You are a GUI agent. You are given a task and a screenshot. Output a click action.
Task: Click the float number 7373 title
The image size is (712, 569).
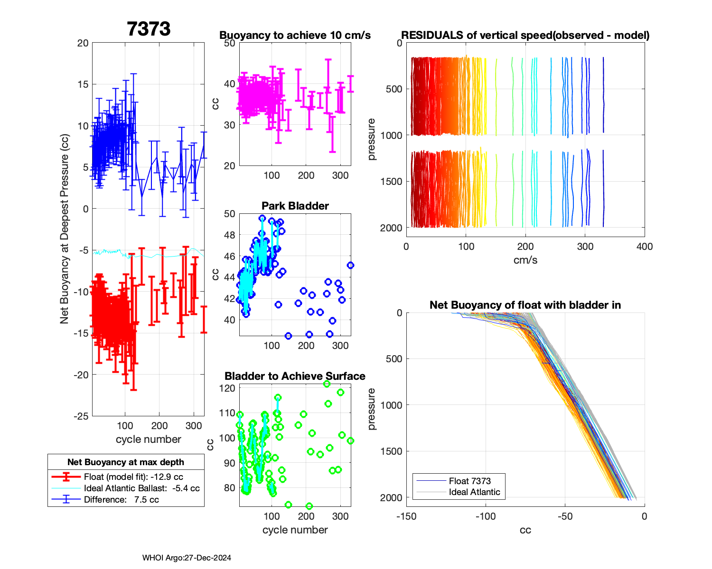[x=149, y=29]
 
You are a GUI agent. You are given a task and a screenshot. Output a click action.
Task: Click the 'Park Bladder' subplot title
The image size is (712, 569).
[x=295, y=206]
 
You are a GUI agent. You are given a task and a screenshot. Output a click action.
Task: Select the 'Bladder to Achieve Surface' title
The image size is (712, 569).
[x=295, y=376]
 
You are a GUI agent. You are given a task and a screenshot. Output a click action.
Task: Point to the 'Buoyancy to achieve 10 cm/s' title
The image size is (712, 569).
[x=295, y=35]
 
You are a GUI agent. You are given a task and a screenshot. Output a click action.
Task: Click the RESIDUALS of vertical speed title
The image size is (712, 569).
[x=525, y=35]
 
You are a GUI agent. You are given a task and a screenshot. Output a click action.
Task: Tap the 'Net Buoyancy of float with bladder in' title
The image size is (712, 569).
[x=525, y=305]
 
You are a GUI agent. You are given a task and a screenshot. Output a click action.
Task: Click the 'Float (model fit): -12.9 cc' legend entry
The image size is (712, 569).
[x=133, y=477]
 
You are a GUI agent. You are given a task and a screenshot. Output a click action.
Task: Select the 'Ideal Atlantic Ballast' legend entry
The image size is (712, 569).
[x=141, y=488]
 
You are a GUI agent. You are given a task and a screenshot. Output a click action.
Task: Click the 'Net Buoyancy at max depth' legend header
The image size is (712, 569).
[x=126, y=462]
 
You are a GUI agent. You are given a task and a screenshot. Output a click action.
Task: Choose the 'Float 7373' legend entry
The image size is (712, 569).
[x=469, y=481]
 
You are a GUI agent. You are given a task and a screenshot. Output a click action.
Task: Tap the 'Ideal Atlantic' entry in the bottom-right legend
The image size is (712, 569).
[x=474, y=492]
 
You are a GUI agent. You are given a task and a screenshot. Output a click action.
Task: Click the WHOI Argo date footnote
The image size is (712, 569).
[x=187, y=558]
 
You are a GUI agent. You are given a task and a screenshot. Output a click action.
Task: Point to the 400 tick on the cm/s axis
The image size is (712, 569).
[x=645, y=246]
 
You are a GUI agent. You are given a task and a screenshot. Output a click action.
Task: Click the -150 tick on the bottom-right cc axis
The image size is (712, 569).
[x=406, y=516]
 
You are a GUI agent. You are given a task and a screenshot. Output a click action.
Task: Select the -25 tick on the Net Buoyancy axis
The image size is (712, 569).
[x=82, y=416]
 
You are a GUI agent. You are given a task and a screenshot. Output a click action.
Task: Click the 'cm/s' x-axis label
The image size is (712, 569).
[x=525, y=260]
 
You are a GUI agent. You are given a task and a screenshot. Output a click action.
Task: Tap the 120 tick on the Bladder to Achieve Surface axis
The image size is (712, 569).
[x=228, y=388]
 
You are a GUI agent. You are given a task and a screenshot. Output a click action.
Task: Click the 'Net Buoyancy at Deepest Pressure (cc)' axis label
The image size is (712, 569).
[x=65, y=229]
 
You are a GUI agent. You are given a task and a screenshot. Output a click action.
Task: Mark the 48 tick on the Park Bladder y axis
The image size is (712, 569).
[x=229, y=235]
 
